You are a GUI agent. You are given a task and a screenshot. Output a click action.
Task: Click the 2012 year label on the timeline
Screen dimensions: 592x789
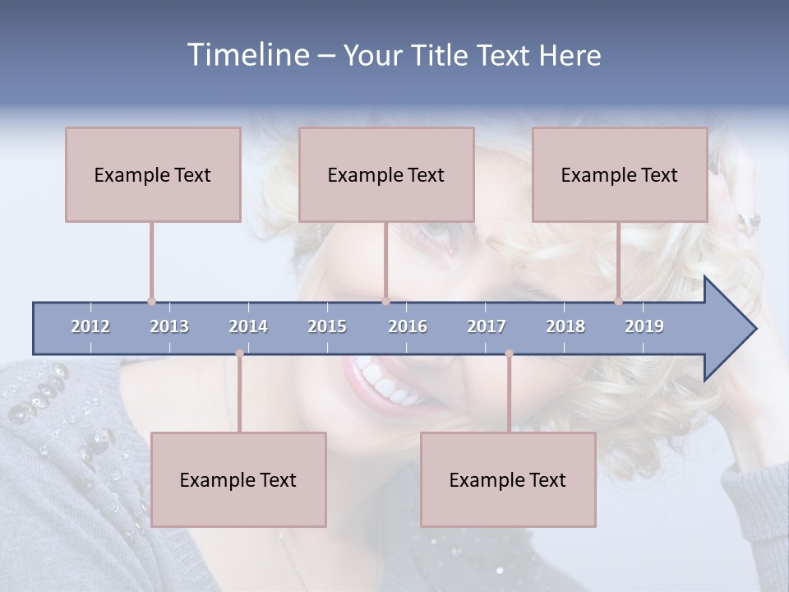pyautogui.click(x=90, y=326)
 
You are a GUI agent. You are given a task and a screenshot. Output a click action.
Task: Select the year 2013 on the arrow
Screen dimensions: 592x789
pyautogui.click(x=169, y=326)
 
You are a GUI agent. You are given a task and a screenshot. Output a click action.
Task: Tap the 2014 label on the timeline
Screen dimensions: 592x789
pyautogui.click(x=248, y=326)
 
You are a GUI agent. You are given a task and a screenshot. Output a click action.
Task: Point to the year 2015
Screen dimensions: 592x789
pyautogui.click(x=327, y=326)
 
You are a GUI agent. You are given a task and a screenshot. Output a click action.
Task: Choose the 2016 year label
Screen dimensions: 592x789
pyautogui.click(x=408, y=326)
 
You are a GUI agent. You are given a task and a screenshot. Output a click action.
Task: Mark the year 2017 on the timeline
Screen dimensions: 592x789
pyautogui.click(x=487, y=326)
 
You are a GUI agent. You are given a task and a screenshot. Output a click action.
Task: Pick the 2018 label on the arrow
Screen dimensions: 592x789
pyautogui.click(x=565, y=326)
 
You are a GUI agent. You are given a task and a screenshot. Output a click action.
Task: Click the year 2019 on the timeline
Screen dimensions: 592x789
pyautogui.click(x=644, y=326)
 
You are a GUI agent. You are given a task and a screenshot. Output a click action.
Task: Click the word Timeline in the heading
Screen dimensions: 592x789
pyautogui.click(x=247, y=55)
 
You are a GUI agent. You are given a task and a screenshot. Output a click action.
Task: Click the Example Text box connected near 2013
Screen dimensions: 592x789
pyautogui.click(x=153, y=174)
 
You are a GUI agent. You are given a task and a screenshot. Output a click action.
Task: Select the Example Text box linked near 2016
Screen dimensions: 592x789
pyautogui.click(x=386, y=174)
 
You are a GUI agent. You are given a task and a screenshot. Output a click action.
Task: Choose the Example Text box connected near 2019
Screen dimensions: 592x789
pyautogui.click(x=620, y=174)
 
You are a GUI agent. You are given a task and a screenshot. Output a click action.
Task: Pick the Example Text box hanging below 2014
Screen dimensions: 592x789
pyautogui.click(x=238, y=479)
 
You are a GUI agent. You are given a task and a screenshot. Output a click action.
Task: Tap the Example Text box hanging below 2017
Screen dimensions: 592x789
pyautogui.click(x=508, y=479)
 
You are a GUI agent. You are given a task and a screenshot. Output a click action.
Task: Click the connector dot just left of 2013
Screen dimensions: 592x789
pyautogui.click(x=151, y=302)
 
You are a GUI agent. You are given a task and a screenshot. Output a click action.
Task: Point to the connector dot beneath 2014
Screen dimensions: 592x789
pyautogui.click(x=239, y=354)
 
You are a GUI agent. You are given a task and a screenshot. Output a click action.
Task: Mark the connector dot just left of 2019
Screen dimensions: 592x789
pyautogui.click(x=618, y=302)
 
